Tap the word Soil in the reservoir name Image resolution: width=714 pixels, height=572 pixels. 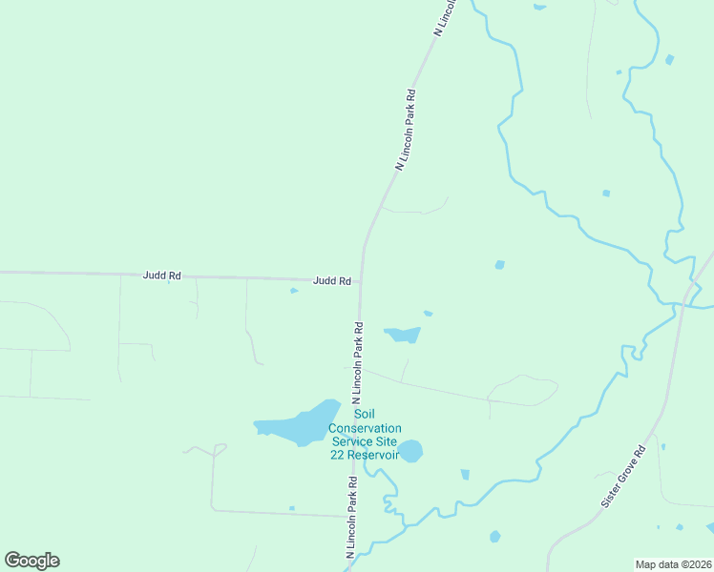[365, 414]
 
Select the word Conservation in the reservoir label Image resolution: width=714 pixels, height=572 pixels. [365, 427]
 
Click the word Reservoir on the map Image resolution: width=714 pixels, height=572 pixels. [372, 455]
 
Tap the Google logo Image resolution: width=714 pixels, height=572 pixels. [31, 561]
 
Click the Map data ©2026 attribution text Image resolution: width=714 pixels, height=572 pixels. [673, 563]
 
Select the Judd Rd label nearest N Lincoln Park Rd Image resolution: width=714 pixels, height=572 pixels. [332, 281]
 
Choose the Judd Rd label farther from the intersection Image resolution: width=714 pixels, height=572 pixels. [161, 276]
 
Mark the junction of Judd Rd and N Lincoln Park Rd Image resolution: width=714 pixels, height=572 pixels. [360, 281]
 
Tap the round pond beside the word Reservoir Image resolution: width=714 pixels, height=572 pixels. [409, 450]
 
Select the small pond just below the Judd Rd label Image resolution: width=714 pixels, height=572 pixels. [294, 291]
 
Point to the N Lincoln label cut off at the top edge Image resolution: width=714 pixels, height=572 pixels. [447, 17]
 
